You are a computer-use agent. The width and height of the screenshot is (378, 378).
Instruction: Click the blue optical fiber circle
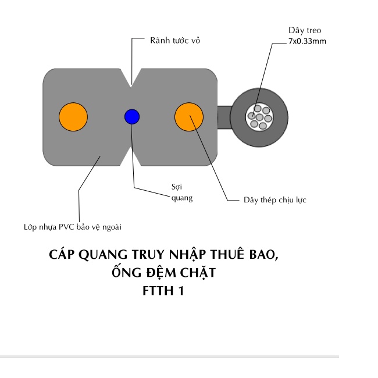[x=132, y=116]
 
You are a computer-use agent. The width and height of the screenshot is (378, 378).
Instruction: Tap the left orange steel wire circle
[x=73, y=116]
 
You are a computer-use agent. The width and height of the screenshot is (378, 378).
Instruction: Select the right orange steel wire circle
[x=190, y=116]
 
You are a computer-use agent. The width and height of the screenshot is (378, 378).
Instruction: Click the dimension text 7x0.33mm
[x=308, y=41]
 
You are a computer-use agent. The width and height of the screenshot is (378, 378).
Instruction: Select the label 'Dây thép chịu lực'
[x=275, y=200]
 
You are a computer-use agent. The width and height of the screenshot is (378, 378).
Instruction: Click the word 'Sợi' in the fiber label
[x=177, y=187]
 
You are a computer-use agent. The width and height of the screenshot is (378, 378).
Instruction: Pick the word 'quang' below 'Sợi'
[x=182, y=198]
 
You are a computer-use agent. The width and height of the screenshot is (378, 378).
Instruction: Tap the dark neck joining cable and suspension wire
[x=224, y=116]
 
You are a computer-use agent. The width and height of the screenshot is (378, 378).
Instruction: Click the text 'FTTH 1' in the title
[x=163, y=290]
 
